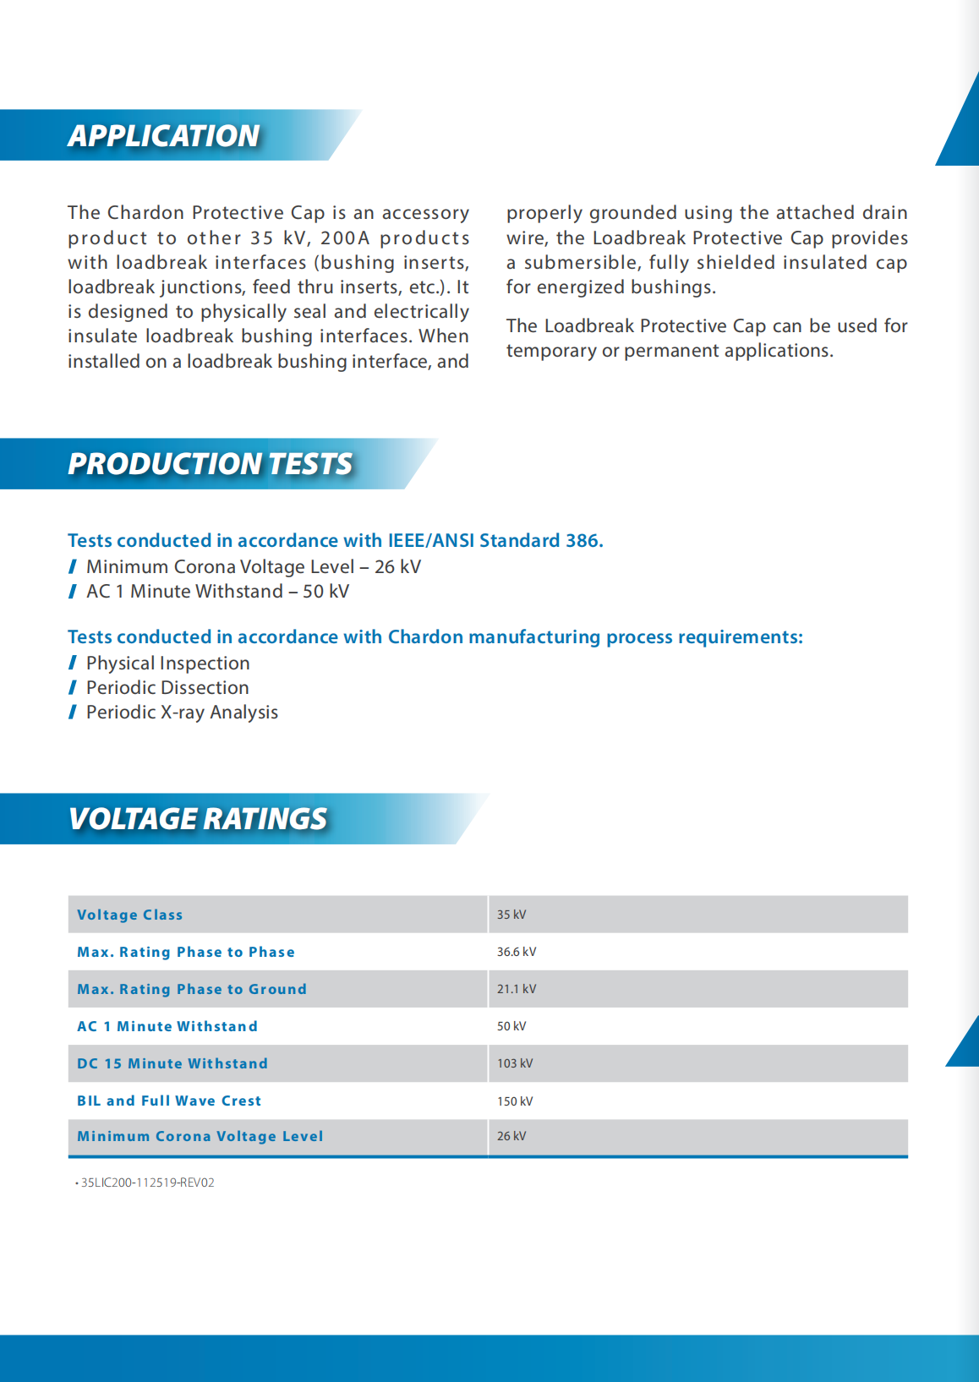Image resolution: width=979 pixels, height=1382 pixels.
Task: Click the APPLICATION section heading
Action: pyautogui.click(x=164, y=136)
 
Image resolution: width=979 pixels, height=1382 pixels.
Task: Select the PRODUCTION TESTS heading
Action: pyautogui.click(x=210, y=464)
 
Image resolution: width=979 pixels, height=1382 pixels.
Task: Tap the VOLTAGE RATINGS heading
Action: pyautogui.click(x=198, y=819)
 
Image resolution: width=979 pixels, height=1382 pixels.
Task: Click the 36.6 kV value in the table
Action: pyautogui.click(x=517, y=952)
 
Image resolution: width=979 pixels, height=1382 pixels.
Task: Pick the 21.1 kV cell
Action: pyautogui.click(x=517, y=989)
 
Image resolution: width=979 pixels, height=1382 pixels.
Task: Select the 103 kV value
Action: pyautogui.click(x=515, y=1063)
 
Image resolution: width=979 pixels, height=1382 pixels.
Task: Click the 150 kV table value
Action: pyautogui.click(x=515, y=1101)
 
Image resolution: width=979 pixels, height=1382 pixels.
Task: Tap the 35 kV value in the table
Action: pyautogui.click(x=511, y=915)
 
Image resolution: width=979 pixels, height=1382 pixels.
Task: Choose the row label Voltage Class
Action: pyautogui.click(x=129, y=915)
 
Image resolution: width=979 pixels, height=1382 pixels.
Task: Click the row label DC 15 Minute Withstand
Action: pyautogui.click(x=172, y=1063)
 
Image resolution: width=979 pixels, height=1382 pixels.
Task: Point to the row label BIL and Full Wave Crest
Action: pyautogui.click(x=169, y=1101)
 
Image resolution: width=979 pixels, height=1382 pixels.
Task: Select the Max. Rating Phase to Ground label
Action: pyautogui.click(x=192, y=989)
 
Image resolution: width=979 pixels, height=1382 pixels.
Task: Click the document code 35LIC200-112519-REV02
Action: pyautogui.click(x=147, y=1183)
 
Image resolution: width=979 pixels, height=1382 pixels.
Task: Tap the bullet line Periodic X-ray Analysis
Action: pyautogui.click(x=182, y=713)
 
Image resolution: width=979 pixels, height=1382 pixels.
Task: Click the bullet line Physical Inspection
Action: pyautogui.click(x=168, y=664)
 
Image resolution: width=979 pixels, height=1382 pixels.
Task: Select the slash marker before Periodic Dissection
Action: pyautogui.click(x=73, y=688)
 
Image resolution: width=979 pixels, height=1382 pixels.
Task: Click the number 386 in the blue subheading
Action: pyautogui.click(x=582, y=541)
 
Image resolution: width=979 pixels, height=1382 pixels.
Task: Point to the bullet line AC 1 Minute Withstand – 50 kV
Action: pyautogui.click(x=217, y=592)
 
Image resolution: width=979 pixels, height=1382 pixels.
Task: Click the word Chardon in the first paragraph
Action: pyautogui.click(x=145, y=213)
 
